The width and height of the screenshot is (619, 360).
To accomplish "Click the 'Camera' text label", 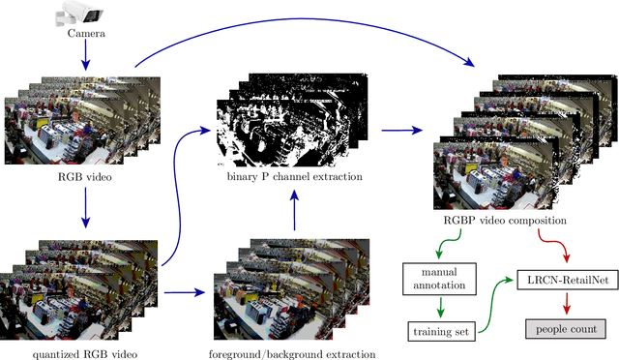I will point(85,34).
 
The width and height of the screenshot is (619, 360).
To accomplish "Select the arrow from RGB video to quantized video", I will point(85,209).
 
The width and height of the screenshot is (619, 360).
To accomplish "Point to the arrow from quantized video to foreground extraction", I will point(185,289).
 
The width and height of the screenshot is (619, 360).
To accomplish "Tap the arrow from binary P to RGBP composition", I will point(402,129).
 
